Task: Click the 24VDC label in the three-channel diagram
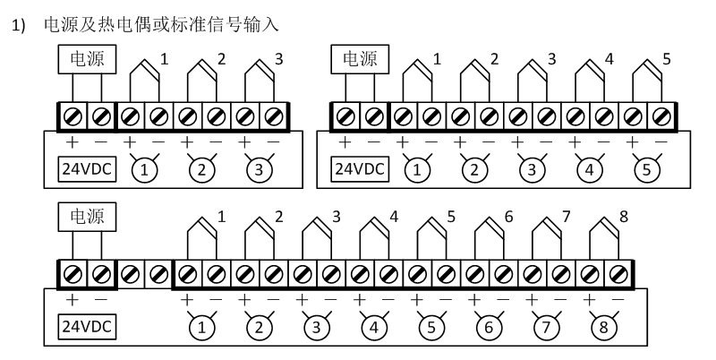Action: click(86, 167)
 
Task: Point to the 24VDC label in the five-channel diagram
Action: click(359, 167)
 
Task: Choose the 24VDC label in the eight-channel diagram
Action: click(86, 325)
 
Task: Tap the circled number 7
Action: click(546, 325)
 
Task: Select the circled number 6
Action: click(489, 325)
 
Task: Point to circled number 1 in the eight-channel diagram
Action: click(202, 325)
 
